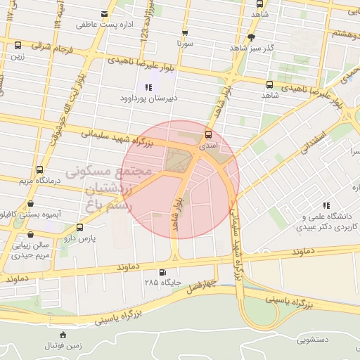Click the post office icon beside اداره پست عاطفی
[105, 14]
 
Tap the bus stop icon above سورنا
[185, 32]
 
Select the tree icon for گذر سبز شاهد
[252, 37]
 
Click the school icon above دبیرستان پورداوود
[148, 87]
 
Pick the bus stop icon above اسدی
[208, 134]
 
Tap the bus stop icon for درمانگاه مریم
[39, 170]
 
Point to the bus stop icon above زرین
[18, 46]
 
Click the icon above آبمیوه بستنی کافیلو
[30, 205]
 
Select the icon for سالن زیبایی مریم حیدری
[30, 236]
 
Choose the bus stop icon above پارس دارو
[79, 228]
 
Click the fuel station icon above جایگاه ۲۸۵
[163, 273]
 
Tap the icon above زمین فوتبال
[63, 335]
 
